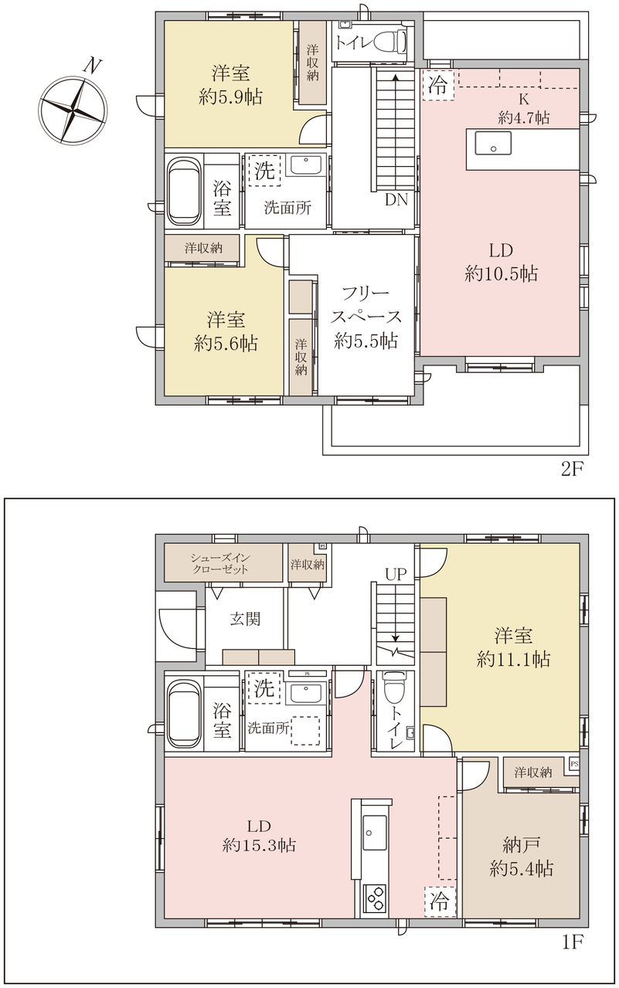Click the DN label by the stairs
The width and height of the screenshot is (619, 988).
coord(396,200)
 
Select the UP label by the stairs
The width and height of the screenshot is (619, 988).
coord(396,574)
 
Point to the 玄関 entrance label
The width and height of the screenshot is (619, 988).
coord(245,619)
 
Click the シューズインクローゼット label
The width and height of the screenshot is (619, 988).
coord(219,564)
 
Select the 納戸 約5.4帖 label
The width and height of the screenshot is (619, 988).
coord(521,857)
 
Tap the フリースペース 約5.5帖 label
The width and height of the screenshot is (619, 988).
coord(366,317)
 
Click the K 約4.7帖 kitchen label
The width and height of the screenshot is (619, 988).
coord(524,109)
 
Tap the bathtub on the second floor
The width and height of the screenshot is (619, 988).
coord(184,191)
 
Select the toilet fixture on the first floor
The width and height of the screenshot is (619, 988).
coord(394,691)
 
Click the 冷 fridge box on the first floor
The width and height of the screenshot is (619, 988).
coord(439,901)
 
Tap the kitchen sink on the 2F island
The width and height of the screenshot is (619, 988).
coord(493,142)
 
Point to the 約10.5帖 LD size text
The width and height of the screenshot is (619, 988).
coord(502,274)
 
